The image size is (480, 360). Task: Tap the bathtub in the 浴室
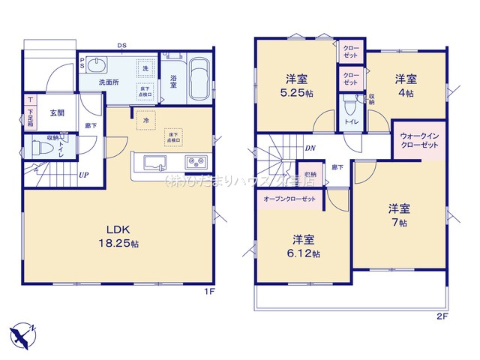198,79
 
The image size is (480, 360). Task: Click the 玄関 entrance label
57,113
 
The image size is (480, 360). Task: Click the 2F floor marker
442,316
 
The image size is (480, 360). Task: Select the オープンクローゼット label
289,200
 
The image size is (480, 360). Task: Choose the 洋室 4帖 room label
405,86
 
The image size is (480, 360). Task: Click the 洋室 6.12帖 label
303,247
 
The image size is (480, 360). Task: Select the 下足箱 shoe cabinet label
30,116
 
